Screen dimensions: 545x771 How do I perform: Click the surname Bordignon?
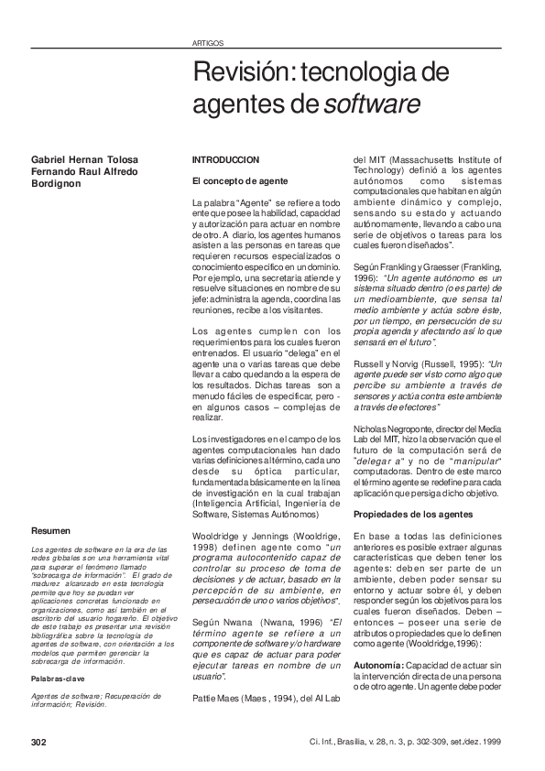tap(55, 183)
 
